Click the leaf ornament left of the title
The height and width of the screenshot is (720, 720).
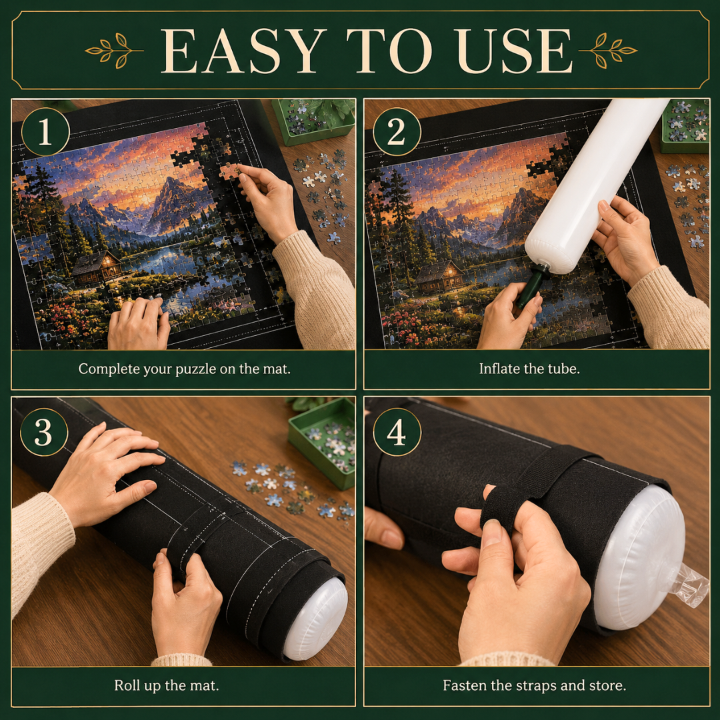(x=115, y=51)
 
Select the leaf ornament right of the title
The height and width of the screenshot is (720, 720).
(x=607, y=51)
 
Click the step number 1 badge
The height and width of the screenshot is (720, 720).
(x=45, y=132)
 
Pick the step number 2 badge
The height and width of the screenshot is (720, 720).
(x=397, y=132)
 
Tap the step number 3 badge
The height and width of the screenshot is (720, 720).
(x=44, y=432)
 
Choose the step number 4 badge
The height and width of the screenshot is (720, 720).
(x=397, y=432)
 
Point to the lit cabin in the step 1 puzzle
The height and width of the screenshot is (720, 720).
(x=97, y=268)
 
